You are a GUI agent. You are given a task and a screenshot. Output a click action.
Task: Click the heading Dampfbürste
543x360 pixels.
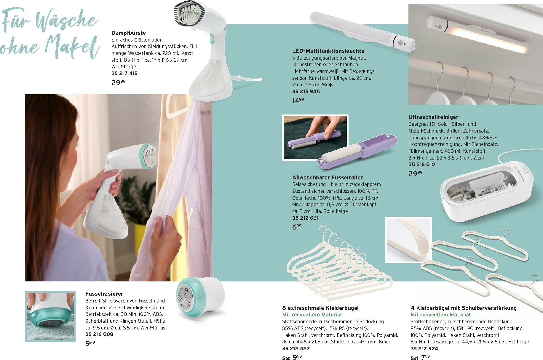pos(129,33)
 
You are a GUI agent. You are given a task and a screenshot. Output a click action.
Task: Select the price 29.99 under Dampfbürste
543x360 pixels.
pos(119,82)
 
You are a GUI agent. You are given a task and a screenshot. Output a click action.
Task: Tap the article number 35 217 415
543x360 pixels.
pos(124,73)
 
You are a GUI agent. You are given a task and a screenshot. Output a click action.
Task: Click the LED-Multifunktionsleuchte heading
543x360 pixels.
pos(328,51)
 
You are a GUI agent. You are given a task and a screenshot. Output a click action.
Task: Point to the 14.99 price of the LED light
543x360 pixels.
pos(298,101)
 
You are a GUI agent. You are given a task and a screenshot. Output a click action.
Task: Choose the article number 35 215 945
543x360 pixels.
pos(306,91)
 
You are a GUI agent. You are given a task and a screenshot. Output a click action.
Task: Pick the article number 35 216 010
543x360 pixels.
pos(421,164)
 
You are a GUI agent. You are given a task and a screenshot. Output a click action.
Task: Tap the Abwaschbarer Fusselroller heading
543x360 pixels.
pos(328,178)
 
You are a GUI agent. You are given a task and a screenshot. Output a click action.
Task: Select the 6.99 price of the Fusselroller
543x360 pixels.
pos(297,227)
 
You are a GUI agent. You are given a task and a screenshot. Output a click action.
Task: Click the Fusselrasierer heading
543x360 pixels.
pos(104,294)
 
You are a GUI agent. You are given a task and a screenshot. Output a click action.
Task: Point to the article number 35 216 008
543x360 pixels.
pos(99,334)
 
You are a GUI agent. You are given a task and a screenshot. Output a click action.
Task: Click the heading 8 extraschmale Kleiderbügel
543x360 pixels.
pos(320,308)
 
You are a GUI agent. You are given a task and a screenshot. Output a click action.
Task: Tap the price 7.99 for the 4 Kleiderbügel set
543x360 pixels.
pos(425,357)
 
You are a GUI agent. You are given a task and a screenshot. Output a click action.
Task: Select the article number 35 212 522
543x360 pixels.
pos(296,348)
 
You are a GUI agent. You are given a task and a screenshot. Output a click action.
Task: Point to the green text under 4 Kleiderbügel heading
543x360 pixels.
pos(440,315)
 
